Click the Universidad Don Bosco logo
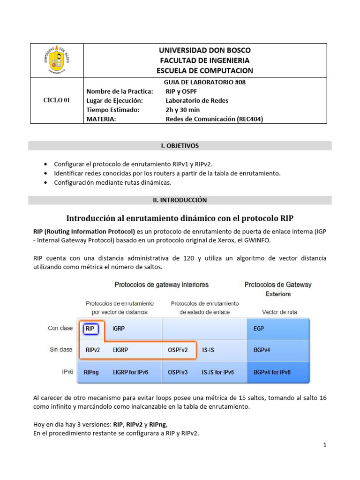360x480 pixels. [x=57, y=60]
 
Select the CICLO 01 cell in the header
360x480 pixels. [x=57, y=100]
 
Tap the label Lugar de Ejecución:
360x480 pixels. [x=114, y=100]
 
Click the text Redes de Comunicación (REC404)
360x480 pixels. [x=214, y=119]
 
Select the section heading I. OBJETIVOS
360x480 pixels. [x=180, y=146]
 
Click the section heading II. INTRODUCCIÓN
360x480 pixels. [x=180, y=200]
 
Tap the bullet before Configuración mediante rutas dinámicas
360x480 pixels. [x=45, y=182]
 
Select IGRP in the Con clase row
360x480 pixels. [x=119, y=329]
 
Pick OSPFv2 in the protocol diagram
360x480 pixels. [x=178, y=350]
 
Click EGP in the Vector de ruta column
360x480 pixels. [x=258, y=329]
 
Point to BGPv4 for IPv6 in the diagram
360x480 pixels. [x=272, y=372]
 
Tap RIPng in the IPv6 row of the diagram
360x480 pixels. [x=91, y=372]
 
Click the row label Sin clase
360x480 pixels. [x=61, y=350]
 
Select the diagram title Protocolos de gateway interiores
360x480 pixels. [x=162, y=285]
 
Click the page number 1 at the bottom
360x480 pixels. [x=324, y=445]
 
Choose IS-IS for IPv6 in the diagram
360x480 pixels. [x=217, y=372]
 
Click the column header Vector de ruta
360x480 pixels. [x=280, y=312]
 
